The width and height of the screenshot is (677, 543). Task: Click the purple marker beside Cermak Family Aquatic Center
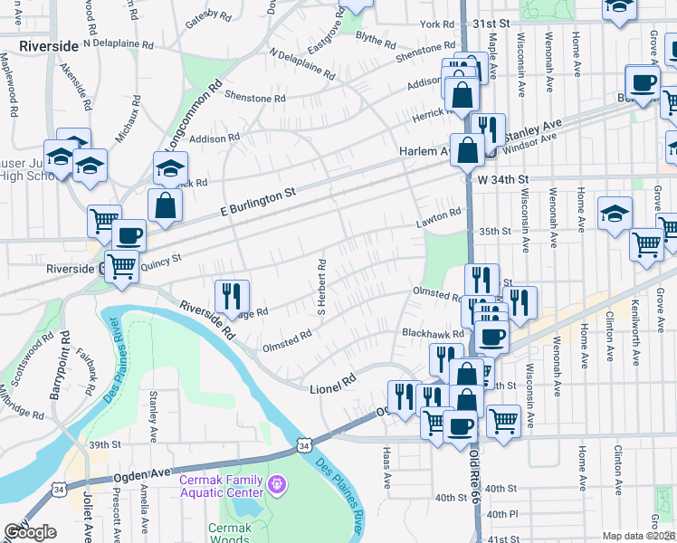277,486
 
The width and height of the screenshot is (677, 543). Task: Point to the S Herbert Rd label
320,288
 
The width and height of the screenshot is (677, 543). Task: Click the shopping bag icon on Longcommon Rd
167,205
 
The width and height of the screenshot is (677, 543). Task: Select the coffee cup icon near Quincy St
129,235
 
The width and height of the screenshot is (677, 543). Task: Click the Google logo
31,532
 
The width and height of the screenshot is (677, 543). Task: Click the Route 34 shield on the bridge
306,445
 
